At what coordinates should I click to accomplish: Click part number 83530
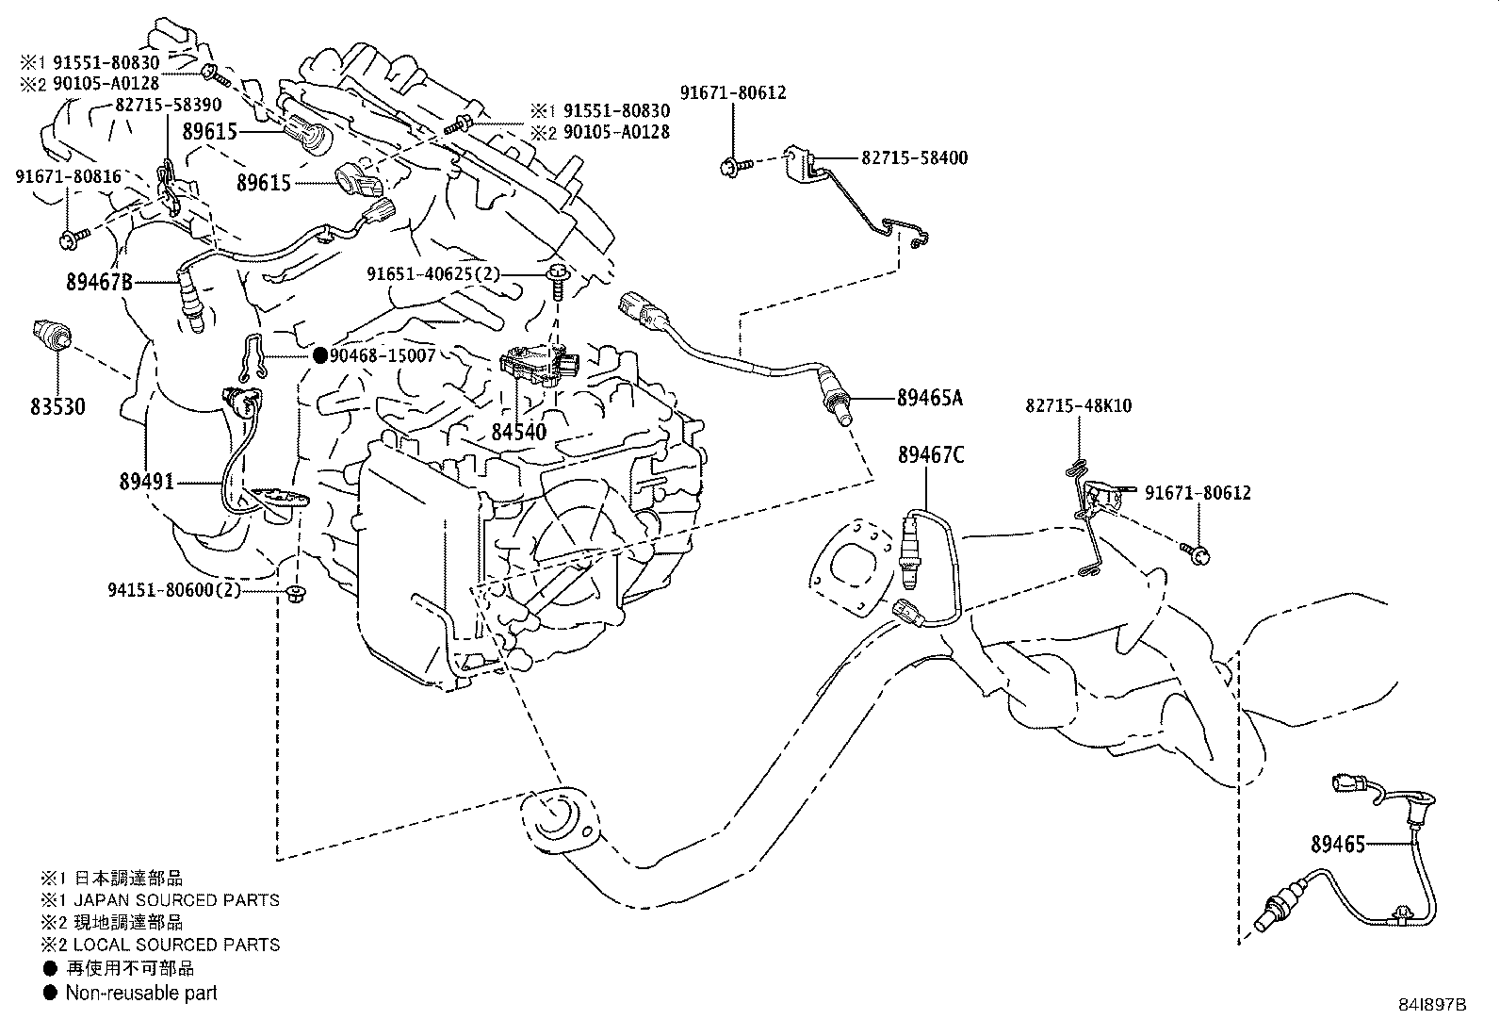[x=57, y=407]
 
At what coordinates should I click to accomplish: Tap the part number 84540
[x=518, y=432]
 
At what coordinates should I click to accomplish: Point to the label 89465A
[x=929, y=398]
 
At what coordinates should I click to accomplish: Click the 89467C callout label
[x=931, y=454]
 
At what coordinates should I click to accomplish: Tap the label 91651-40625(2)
[x=433, y=274]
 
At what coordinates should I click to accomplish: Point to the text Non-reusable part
[x=141, y=993]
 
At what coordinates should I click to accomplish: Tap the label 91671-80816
[x=68, y=176]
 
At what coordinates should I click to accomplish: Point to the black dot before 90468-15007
[x=319, y=355]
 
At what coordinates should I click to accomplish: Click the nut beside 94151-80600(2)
[x=295, y=593]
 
